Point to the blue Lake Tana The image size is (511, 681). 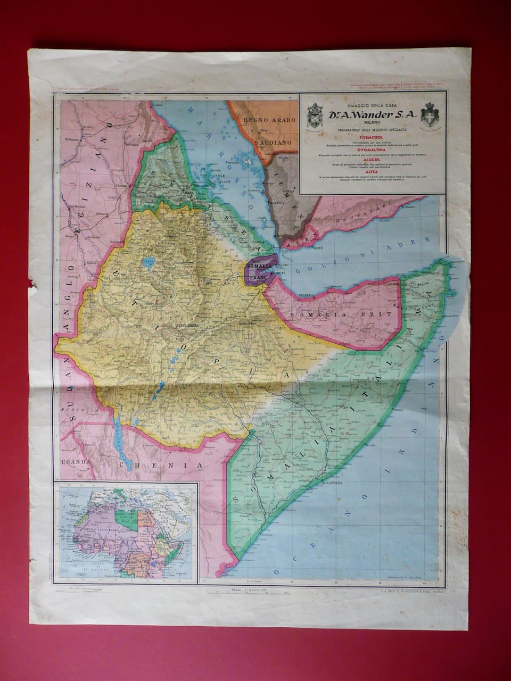click(x=149, y=262)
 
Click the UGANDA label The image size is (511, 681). click(x=75, y=462)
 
